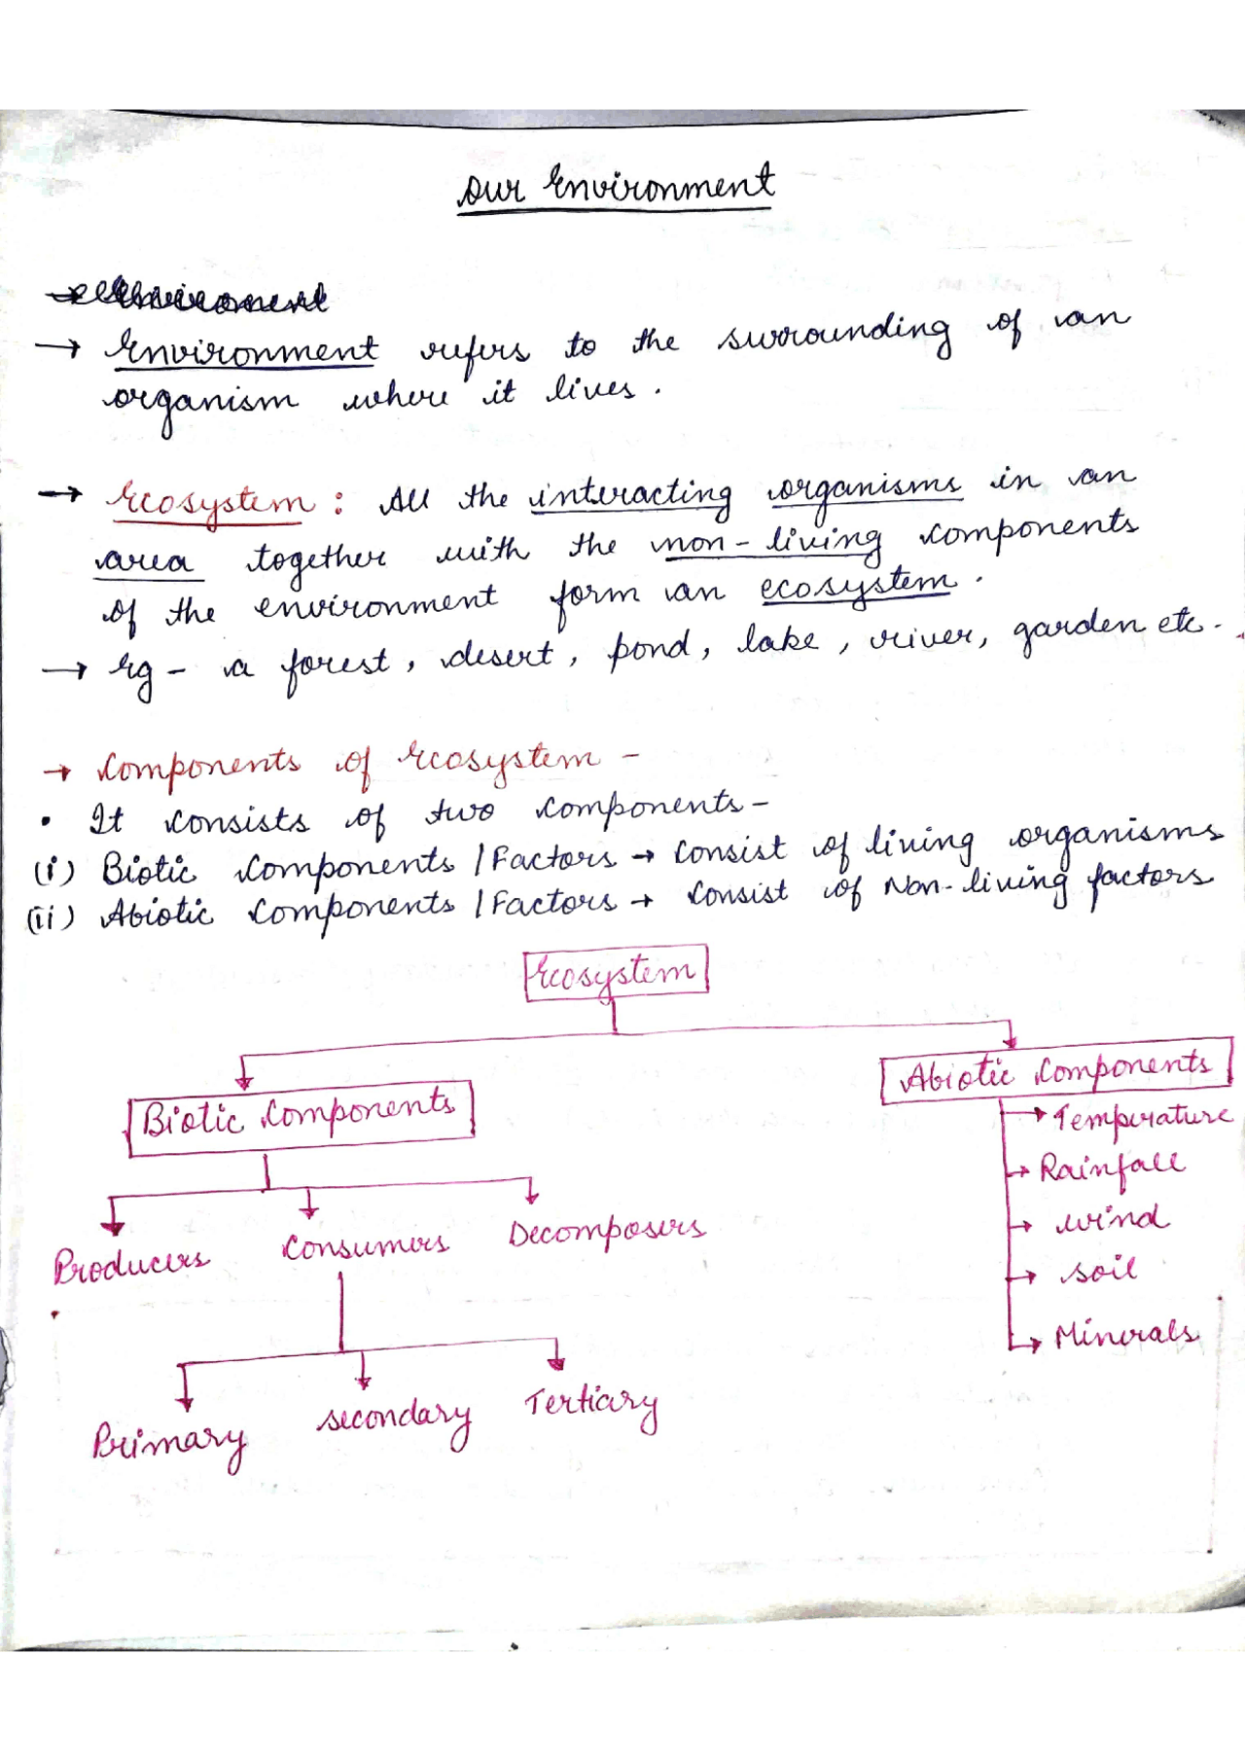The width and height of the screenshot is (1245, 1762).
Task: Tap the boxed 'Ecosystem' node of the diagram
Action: pyautogui.click(x=615, y=973)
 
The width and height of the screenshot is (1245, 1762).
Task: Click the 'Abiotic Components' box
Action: pyautogui.click(x=1056, y=1075)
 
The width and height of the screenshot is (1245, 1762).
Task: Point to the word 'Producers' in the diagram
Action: pyautogui.click(x=130, y=1265)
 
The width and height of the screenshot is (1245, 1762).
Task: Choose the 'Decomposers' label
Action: pyautogui.click(x=606, y=1232)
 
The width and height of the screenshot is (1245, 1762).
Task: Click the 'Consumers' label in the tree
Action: pyautogui.click(x=366, y=1246)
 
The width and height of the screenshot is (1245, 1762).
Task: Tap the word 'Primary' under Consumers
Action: pyautogui.click(x=169, y=1442)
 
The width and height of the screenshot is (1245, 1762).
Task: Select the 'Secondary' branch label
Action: pyautogui.click(x=394, y=1420)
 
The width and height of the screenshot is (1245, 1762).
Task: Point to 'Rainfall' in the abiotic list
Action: pyautogui.click(x=1112, y=1167)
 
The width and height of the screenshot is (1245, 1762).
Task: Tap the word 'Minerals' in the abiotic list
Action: pyautogui.click(x=1126, y=1334)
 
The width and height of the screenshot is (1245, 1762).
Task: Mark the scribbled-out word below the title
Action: pyautogui.click(x=189, y=298)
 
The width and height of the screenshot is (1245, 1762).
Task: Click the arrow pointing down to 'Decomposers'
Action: pyautogui.click(x=531, y=1191)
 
